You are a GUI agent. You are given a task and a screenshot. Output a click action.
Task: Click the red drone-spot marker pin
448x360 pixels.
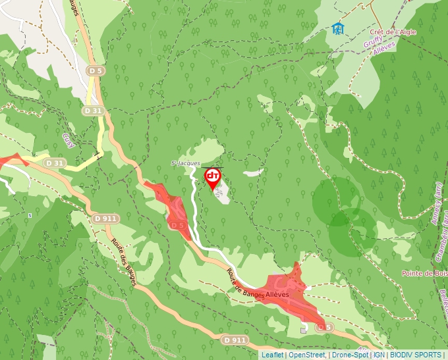tap(213, 178)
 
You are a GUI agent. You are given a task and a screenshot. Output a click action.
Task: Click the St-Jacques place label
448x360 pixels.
tap(185, 163)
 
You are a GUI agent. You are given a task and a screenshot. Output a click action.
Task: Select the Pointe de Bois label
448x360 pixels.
tap(424, 273)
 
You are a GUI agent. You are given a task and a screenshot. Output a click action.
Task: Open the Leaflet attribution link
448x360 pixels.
tap(272, 355)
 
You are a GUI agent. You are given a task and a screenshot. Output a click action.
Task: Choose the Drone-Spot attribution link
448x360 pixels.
tap(350, 355)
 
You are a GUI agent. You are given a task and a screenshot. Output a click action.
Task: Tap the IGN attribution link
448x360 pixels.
tap(379, 355)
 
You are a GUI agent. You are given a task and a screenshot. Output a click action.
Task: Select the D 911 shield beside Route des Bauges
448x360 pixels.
tap(105, 219)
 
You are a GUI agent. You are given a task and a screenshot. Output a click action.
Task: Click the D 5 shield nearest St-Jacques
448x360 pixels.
tap(177, 225)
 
